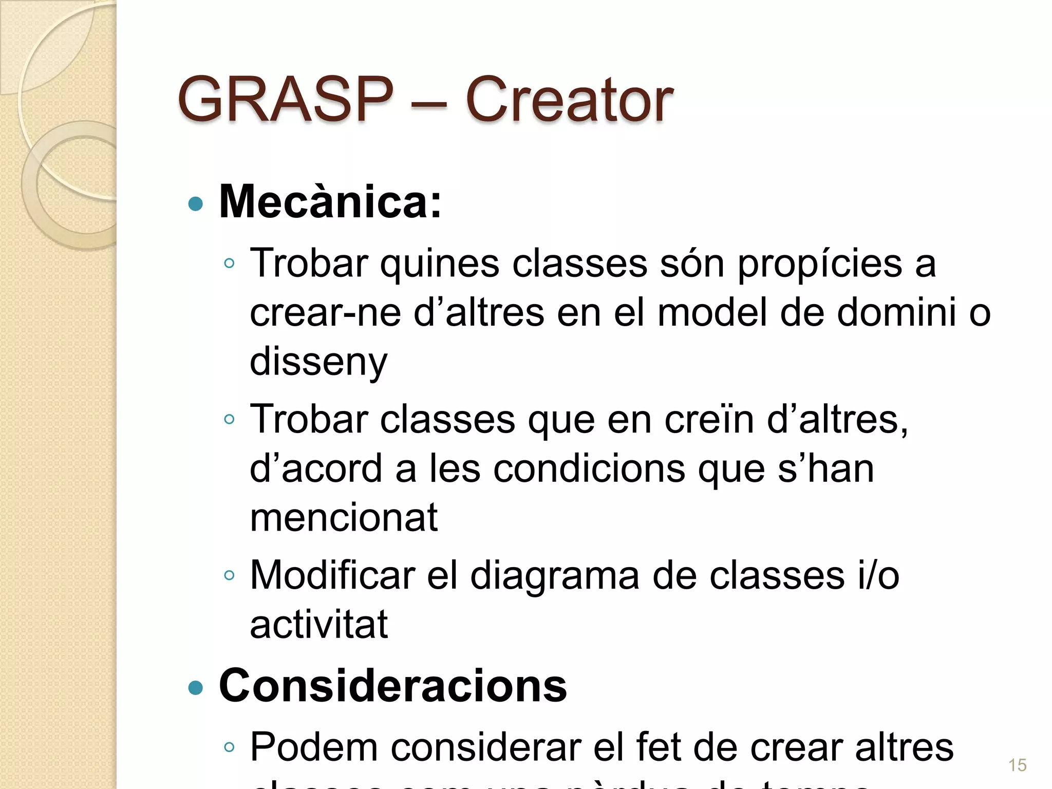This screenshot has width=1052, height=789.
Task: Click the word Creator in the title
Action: pyautogui.click(x=569, y=100)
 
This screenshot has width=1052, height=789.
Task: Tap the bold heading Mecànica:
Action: pyautogui.click(x=330, y=202)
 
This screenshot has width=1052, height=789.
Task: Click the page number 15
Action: pyautogui.click(x=1017, y=765)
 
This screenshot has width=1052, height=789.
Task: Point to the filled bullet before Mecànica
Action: pyautogui.click(x=196, y=204)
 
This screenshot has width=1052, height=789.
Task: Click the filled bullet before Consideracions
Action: pyautogui.click(x=196, y=687)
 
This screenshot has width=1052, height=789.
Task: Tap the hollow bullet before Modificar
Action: pyautogui.click(x=229, y=575)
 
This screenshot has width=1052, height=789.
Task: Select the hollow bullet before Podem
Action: pyautogui.click(x=229, y=747)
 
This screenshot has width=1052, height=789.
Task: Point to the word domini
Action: pyautogui.click(x=896, y=312)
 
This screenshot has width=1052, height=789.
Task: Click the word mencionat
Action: pyautogui.click(x=344, y=517)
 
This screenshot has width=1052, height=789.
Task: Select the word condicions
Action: pyautogui.click(x=589, y=468)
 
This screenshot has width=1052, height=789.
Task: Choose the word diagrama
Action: pyautogui.click(x=555, y=576)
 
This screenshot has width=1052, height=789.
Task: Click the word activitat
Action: pyautogui.click(x=318, y=625)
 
